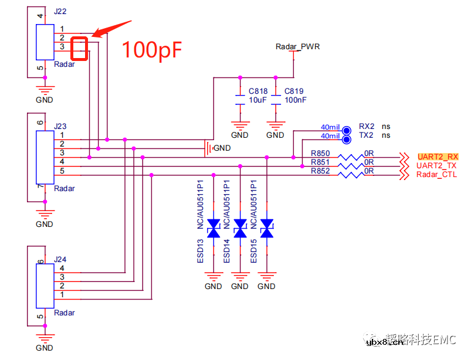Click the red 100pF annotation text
pyautogui.click(x=151, y=50)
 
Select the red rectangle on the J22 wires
pyautogui.click(x=79, y=49)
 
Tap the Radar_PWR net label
pyautogui.click(x=298, y=46)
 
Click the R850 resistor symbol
pyautogui.click(x=353, y=157)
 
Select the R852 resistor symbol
pyautogui.click(x=353, y=175)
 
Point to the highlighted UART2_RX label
pyautogui.click(x=438, y=157)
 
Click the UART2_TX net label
pyautogui.click(x=436, y=166)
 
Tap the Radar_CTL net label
pyautogui.click(x=437, y=175)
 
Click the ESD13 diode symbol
pyautogui.click(x=214, y=229)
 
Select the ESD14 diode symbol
pyautogui.click(x=240, y=229)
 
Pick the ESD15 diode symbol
pyautogui.click(x=267, y=229)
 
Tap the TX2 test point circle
pyautogui.click(x=346, y=136)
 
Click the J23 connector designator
pyautogui.click(x=60, y=126)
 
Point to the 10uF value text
pyautogui.click(x=257, y=100)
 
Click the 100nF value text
pyautogui.click(x=295, y=100)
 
